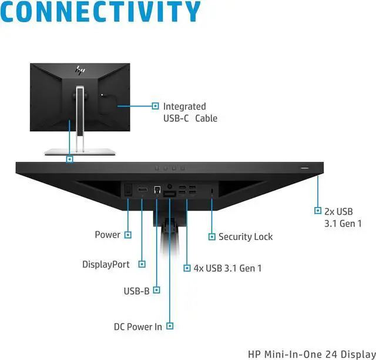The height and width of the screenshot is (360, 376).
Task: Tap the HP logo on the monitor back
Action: click(x=79, y=70)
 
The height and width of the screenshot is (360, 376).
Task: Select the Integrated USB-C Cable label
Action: click(x=190, y=112)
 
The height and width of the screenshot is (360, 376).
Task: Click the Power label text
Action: click(x=108, y=235)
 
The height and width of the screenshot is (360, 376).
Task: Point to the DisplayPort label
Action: click(x=106, y=265)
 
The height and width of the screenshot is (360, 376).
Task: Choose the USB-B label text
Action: click(x=136, y=290)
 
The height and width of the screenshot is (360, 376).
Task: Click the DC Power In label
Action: click(x=137, y=326)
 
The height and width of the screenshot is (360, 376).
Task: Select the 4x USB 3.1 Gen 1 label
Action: click(x=227, y=268)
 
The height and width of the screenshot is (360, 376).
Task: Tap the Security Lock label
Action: click(x=246, y=236)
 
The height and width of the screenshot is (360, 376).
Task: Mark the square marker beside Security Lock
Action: click(x=212, y=236)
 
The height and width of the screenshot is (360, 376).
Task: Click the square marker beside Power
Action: click(x=127, y=235)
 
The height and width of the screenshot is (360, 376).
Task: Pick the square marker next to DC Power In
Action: click(x=170, y=326)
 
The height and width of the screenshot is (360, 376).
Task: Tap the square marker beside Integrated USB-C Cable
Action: click(x=155, y=106)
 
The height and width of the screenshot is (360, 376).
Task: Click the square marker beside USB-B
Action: click(x=157, y=289)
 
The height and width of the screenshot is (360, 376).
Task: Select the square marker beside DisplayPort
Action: click(x=142, y=265)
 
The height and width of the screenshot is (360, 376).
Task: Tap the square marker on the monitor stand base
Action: click(x=70, y=159)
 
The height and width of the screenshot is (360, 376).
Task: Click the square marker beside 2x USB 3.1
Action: click(x=318, y=211)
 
